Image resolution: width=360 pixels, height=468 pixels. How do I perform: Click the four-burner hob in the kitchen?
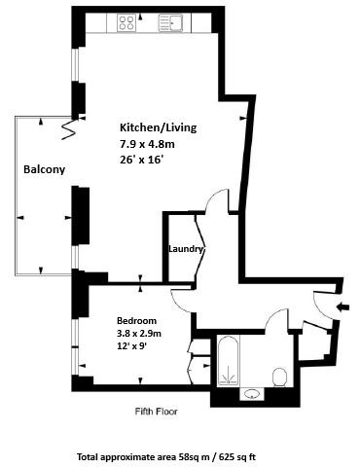point(126,22)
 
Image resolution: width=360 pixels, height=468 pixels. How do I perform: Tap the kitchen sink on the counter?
point(170,22)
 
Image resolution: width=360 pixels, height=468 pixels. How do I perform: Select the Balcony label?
point(45,169)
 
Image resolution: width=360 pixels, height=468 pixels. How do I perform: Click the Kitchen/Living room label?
point(159,127)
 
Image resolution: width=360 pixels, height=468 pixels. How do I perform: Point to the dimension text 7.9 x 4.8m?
point(147,144)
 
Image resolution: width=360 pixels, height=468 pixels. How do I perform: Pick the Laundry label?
point(186,249)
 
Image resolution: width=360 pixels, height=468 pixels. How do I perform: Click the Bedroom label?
point(136,321)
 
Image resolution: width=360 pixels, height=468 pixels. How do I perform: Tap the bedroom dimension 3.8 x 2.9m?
point(139,333)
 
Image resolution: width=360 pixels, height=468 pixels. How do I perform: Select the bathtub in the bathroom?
point(229,361)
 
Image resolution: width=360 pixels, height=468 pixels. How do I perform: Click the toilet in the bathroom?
point(279,377)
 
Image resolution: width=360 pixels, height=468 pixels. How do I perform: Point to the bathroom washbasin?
point(252,394)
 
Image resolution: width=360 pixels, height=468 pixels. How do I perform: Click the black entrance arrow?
point(343,306)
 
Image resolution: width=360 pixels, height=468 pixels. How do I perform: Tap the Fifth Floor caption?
point(157,412)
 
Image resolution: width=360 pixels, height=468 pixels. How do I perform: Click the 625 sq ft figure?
point(237,457)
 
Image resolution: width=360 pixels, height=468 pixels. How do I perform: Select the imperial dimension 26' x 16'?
point(141,160)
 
